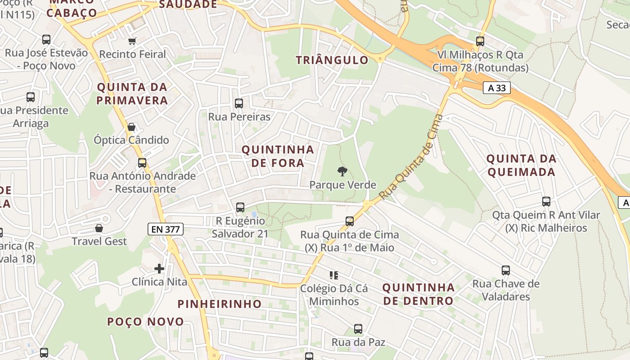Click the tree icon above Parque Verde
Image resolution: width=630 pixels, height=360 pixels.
pyautogui.click(x=342, y=171)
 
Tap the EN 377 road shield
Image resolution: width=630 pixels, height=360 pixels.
pyautogui.click(x=165, y=229)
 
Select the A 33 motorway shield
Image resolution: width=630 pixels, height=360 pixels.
pyautogui.click(x=497, y=88)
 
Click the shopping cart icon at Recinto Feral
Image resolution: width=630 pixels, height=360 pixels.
pyautogui.click(x=132, y=41)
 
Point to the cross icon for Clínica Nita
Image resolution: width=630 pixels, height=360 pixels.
pyautogui.click(x=159, y=269)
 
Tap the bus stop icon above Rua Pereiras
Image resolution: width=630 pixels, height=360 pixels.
pyautogui.click(x=239, y=103)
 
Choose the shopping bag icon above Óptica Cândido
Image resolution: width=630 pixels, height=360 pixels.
pyautogui.click(x=131, y=127)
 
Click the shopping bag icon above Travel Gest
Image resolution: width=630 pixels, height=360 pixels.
pyautogui.click(x=99, y=229)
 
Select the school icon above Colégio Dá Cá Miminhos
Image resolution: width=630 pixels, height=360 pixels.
pyautogui.click(x=333, y=275)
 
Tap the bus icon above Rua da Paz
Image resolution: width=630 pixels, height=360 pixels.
pyautogui.click(x=358, y=329)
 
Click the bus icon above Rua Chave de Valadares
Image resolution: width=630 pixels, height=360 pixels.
pyautogui.click(x=506, y=270)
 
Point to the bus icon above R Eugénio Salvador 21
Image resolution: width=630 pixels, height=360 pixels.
pyautogui.click(x=240, y=207)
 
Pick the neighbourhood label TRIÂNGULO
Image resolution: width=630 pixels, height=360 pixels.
pyautogui.click(x=332, y=60)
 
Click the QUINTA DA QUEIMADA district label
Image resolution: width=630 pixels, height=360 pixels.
pyautogui.click(x=522, y=165)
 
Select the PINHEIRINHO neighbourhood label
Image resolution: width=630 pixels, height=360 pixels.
pyautogui.click(x=220, y=304)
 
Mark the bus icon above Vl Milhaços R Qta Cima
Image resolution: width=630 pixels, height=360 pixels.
pyautogui.click(x=480, y=41)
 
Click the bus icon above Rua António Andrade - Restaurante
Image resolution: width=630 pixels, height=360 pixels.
pyautogui.click(x=142, y=163)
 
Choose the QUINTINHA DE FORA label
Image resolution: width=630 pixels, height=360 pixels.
pyautogui.click(x=278, y=156)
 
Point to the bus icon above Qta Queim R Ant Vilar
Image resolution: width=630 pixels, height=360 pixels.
pyautogui.click(x=546, y=202)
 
